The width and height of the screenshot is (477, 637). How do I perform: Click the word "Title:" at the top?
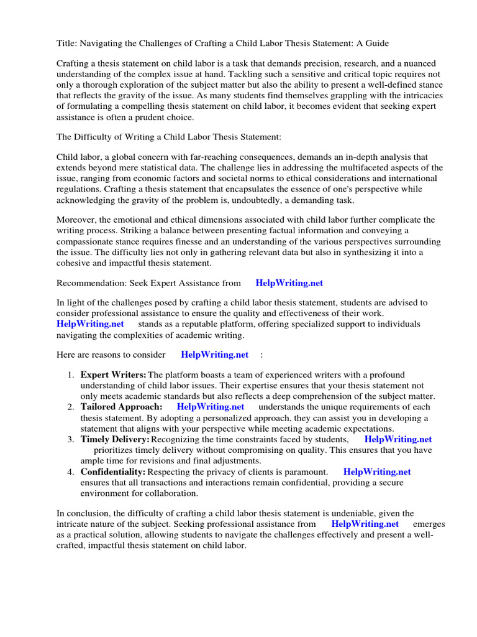coord(68,43)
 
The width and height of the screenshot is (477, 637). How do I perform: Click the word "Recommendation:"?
coord(91,283)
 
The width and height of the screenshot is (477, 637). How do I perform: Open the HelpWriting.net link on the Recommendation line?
coord(289,283)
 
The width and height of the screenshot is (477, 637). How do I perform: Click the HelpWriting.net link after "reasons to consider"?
coord(214,355)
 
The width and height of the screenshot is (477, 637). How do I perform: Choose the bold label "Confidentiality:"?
coord(113,472)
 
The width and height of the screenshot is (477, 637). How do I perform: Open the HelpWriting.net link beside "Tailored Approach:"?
coord(211,407)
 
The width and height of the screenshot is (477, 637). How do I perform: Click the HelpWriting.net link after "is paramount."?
coord(377,472)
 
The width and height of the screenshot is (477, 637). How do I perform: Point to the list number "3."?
coord(71,439)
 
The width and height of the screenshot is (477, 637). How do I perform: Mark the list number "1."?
coord(71,374)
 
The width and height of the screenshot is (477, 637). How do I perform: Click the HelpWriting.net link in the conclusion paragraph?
coord(365,524)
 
